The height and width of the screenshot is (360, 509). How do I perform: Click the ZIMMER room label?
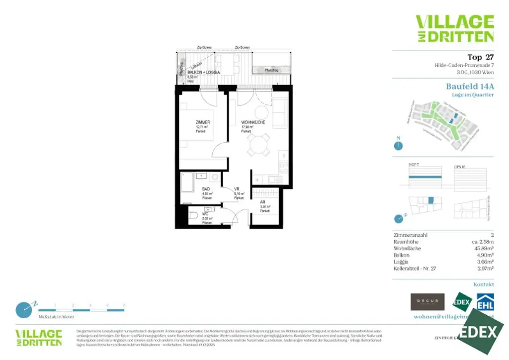[203, 122]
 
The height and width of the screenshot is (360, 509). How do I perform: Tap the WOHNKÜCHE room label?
[253, 122]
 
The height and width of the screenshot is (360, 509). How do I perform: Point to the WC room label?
[205, 214]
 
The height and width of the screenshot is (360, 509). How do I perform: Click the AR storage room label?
[262, 202]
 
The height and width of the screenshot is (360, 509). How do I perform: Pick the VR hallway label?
[237, 189]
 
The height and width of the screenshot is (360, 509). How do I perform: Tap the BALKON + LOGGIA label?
[203, 73]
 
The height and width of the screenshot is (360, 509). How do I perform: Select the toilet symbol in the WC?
[194, 216]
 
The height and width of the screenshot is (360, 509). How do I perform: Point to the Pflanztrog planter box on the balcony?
[271, 70]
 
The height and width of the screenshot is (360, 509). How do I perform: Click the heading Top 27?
[480, 57]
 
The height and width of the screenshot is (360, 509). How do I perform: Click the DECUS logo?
[427, 301]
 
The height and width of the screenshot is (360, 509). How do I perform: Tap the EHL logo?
[485, 302]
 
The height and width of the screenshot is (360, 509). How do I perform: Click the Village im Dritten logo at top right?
[454, 28]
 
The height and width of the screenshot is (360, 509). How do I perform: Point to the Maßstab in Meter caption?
[56, 317]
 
